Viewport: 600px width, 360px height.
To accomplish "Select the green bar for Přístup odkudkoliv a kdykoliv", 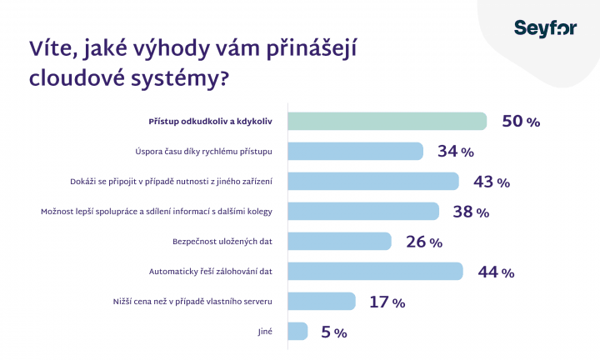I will pyautogui.click(x=387, y=121).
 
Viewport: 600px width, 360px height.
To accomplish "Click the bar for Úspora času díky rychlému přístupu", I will pyautogui.click(x=356, y=151).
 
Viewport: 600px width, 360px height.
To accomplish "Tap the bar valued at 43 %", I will pyautogui.click(x=373, y=181).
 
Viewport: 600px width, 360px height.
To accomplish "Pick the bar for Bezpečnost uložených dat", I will pyautogui.click(x=340, y=241).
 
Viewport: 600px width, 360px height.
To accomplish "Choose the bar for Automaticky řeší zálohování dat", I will pyautogui.click(x=375, y=271).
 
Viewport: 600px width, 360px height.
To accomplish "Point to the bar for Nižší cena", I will pyautogui.click(x=322, y=301).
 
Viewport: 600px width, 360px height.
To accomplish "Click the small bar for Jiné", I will pyautogui.click(x=297, y=331).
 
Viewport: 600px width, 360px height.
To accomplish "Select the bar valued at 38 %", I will pyautogui.click(x=363, y=211).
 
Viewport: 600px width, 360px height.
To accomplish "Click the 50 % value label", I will pyautogui.click(x=521, y=122).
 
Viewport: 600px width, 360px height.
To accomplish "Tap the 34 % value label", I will pyautogui.click(x=455, y=152).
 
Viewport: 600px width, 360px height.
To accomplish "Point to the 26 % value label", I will pyautogui.click(x=423, y=242).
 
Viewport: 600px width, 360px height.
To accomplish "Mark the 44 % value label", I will pyautogui.click(x=496, y=272).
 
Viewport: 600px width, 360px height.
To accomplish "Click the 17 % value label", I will pyautogui.click(x=387, y=302).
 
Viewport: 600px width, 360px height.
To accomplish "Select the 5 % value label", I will pyautogui.click(x=333, y=332).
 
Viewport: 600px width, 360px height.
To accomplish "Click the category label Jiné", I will pyautogui.click(x=267, y=331).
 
